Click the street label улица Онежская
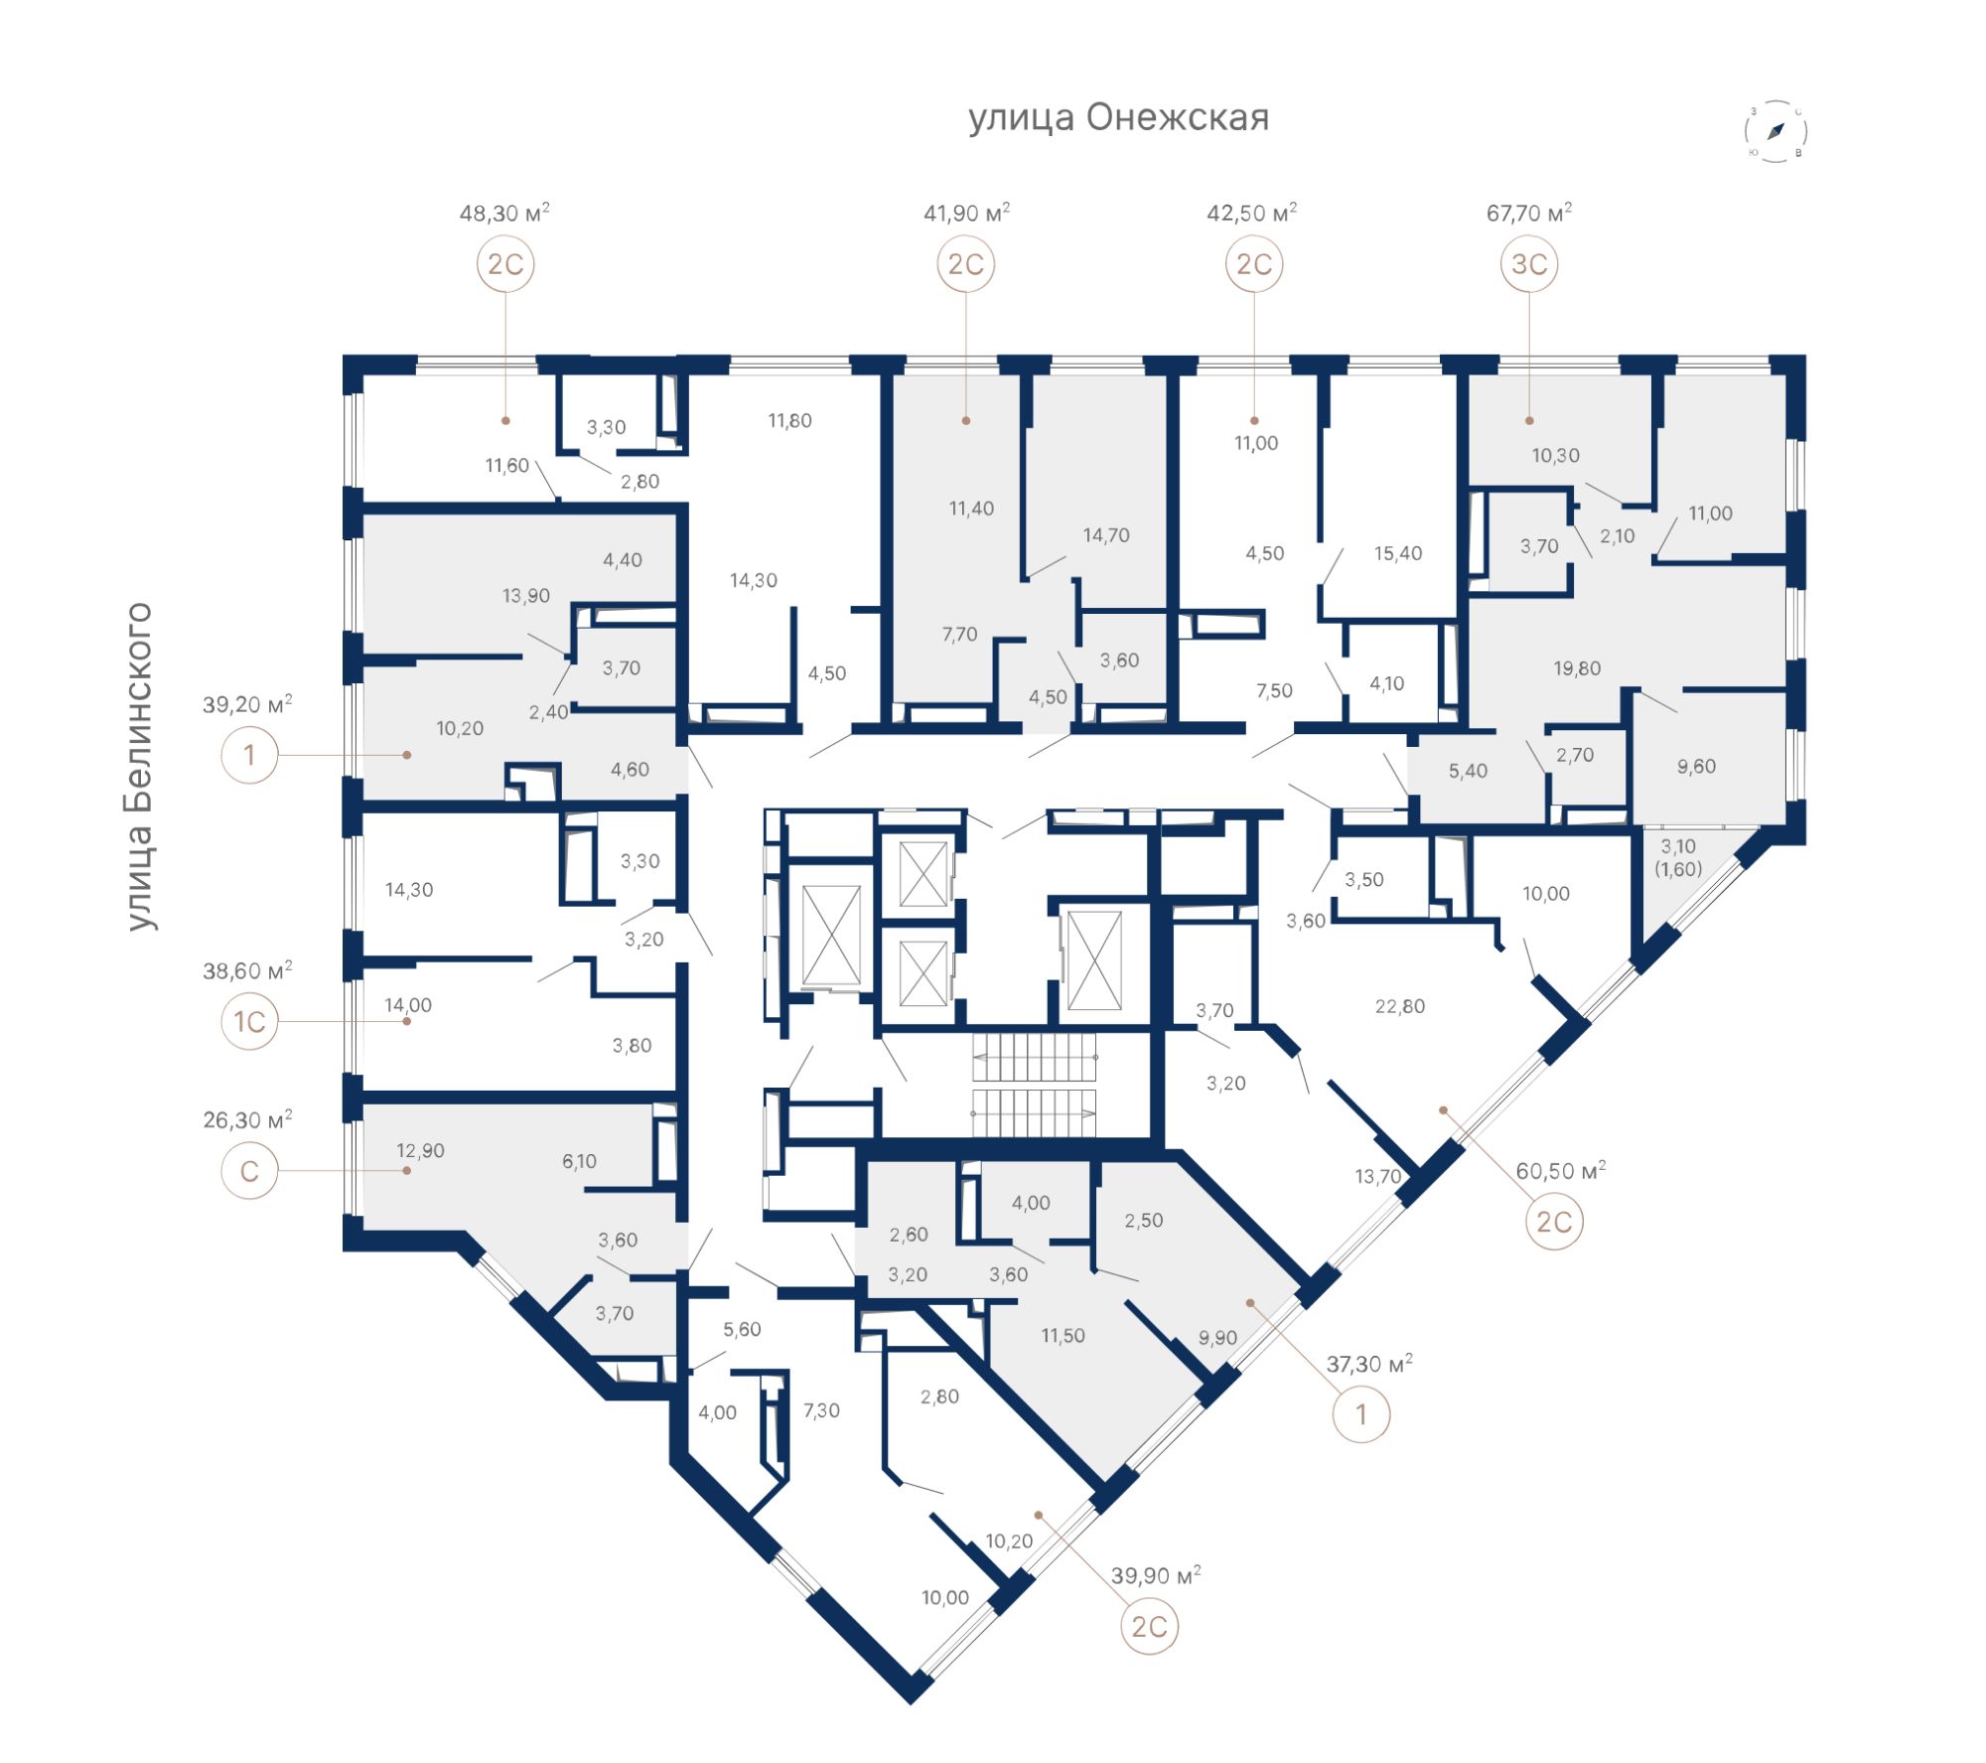coord(1119,117)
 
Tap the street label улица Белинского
coord(139,766)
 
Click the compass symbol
coord(1776,131)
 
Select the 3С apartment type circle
coord(1529,264)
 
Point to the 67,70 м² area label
coord(1529,213)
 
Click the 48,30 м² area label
coord(504,213)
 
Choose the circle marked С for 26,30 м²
coord(249,1170)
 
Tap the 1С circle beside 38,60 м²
coord(249,1021)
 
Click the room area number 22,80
coord(1400,1006)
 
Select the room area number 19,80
coord(1578,668)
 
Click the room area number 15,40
coord(1398,553)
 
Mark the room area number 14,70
coord(1106,535)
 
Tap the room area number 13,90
coord(526,596)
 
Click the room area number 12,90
coord(421,1150)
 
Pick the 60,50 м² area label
coord(1561,1171)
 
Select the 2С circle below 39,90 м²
coord(1150,1626)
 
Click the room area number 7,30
coord(821,1410)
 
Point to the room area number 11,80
coord(790,421)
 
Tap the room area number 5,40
coord(1469,771)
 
